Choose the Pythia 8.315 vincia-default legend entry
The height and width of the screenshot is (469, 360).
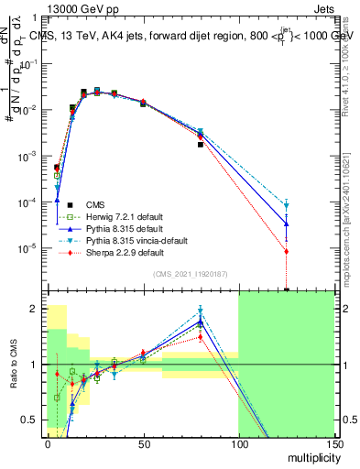[137, 240]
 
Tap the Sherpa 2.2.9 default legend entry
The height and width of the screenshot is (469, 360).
[125, 252]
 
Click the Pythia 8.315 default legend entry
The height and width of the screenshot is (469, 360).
[125, 228]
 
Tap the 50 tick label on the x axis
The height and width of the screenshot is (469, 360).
[143, 444]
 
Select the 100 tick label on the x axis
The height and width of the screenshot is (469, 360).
[238, 444]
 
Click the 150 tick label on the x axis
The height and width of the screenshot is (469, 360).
[333, 444]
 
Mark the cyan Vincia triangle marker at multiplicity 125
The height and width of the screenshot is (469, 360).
[287, 206]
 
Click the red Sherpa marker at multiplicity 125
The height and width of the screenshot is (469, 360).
[287, 251]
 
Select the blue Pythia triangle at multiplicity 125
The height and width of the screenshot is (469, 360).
[287, 223]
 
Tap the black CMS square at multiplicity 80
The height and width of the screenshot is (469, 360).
[201, 145]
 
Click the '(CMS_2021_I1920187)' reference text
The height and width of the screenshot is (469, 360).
[190, 274]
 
